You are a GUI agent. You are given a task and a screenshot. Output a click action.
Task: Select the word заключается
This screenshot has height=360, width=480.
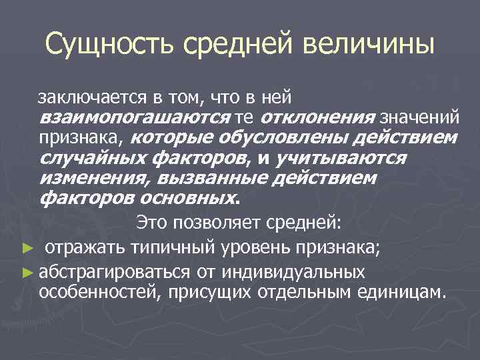click(91, 99)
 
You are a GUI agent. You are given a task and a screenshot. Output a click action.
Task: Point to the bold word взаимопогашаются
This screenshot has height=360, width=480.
click(135, 118)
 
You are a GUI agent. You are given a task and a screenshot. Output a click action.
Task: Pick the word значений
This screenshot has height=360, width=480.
click(419, 118)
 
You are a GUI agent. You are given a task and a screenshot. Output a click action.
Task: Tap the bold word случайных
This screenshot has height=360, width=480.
click(93, 158)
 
